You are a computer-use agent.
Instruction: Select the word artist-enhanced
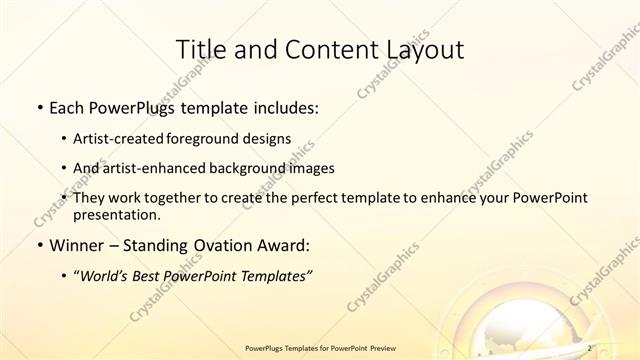coord(151,168)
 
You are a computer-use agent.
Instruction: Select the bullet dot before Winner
coord(38,245)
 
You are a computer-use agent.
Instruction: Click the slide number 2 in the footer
coord(591,347)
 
